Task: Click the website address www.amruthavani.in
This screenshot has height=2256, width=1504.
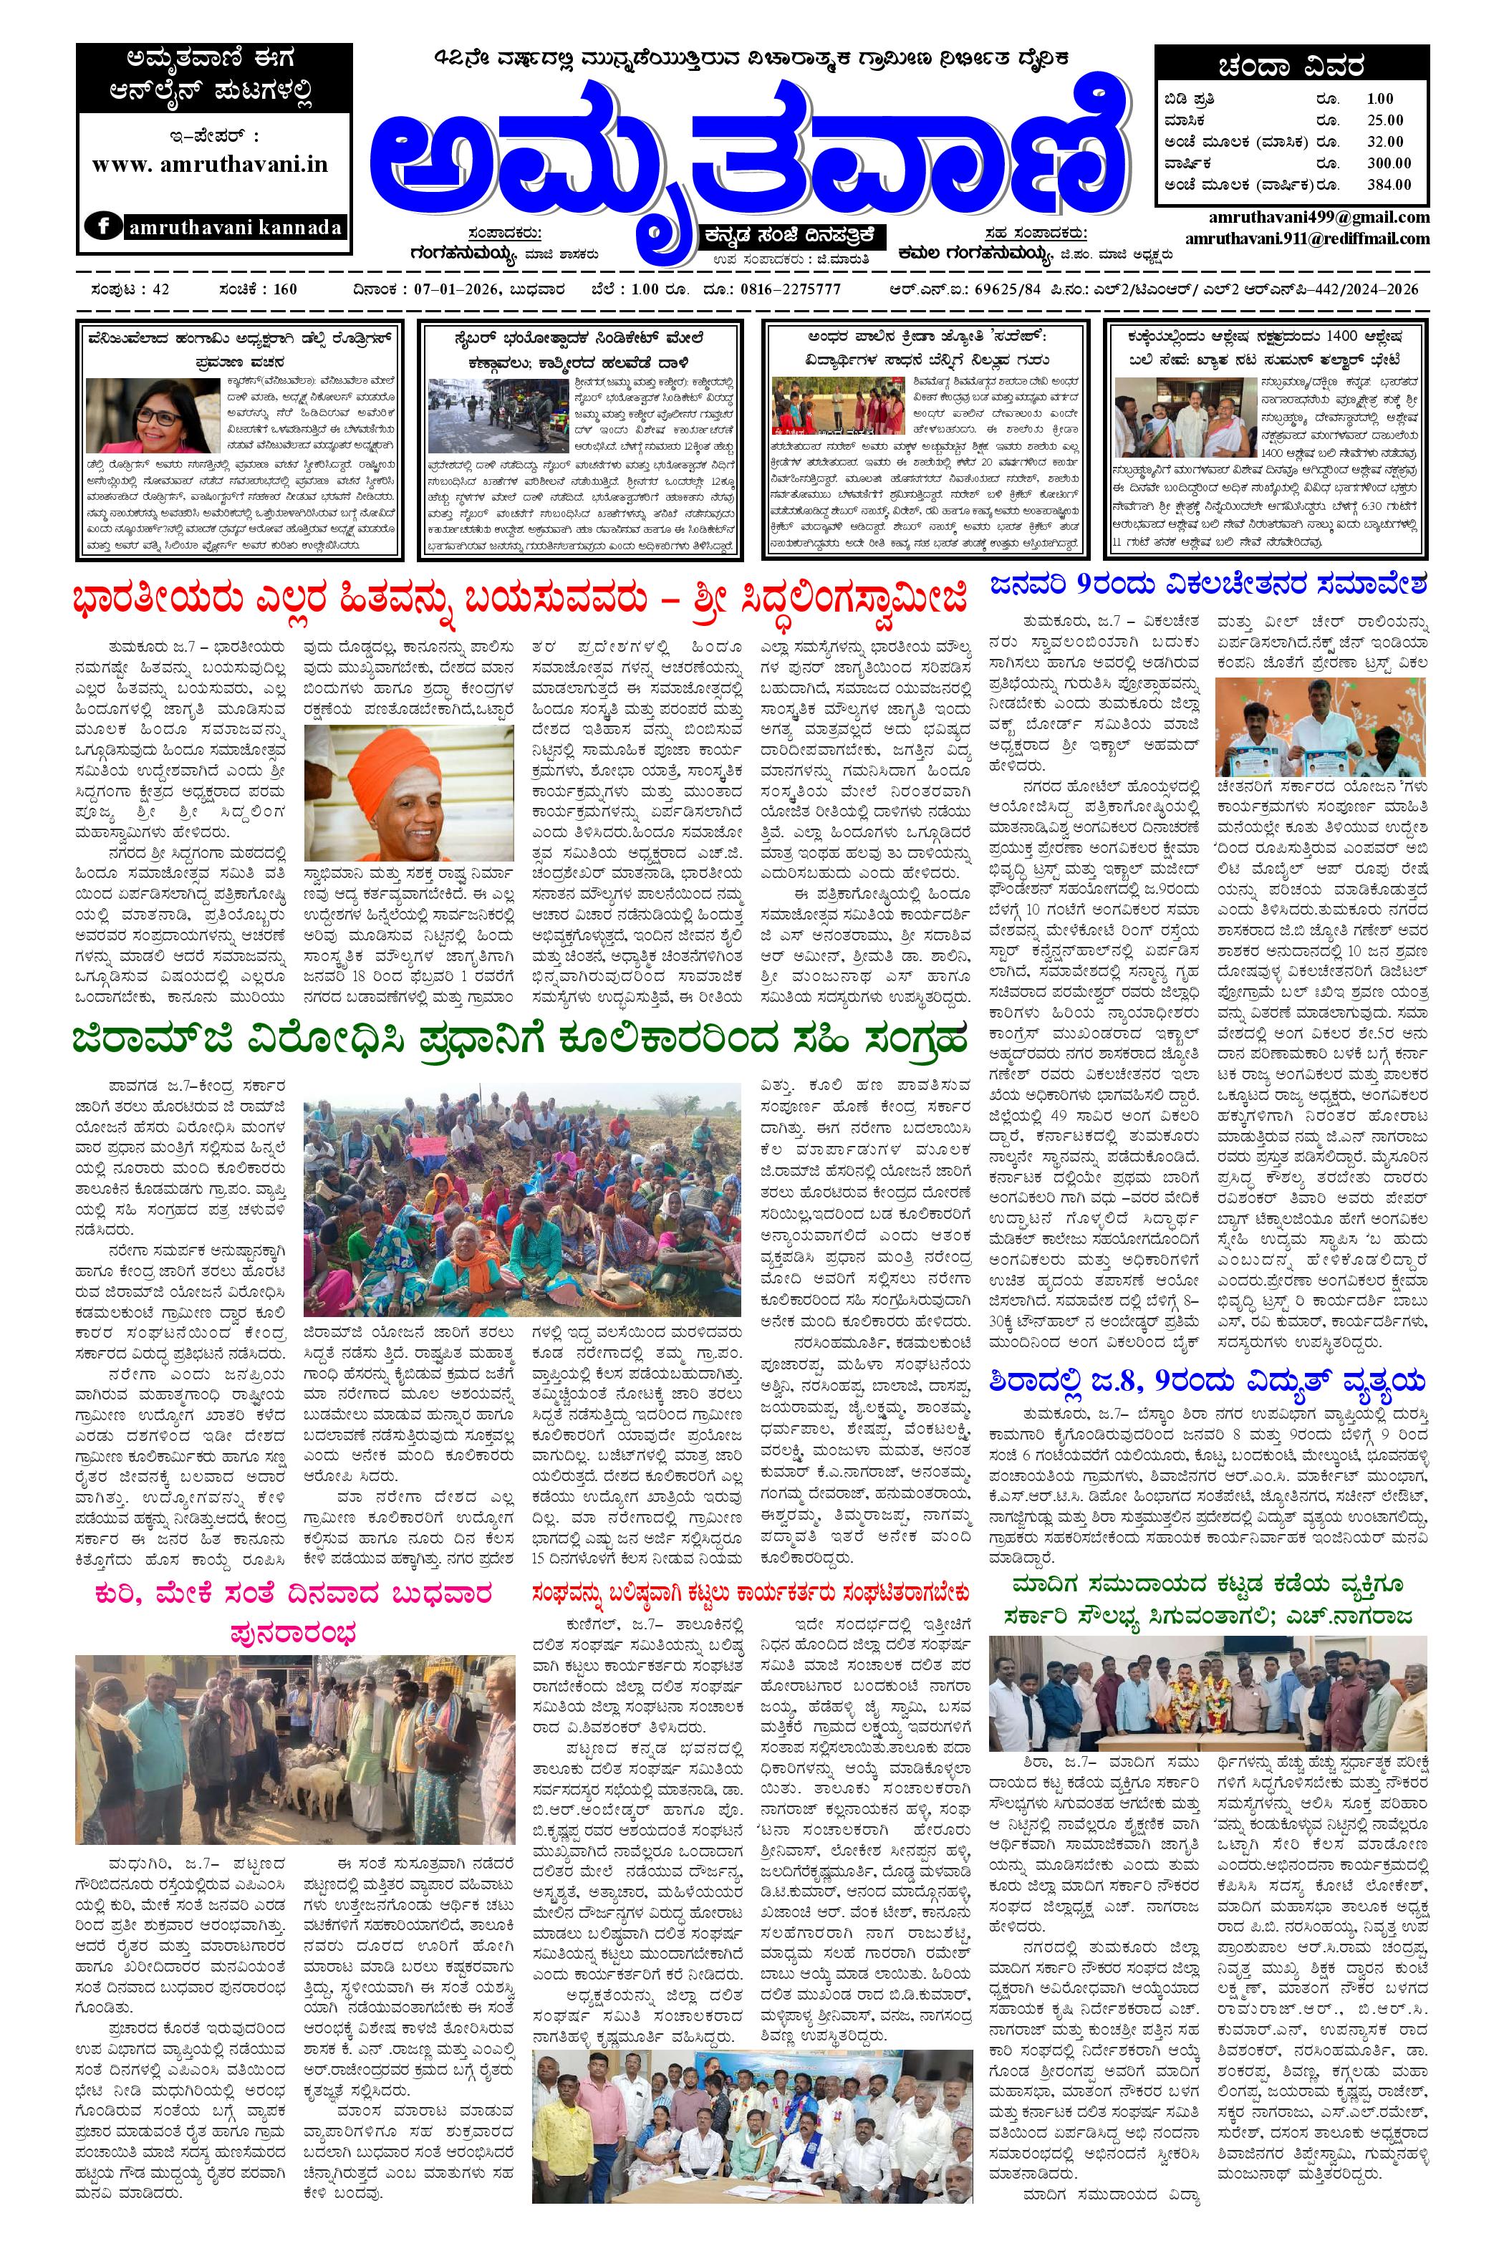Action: [x=210, y=164]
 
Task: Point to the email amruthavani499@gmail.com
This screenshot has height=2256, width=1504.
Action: [x=1319, y=218]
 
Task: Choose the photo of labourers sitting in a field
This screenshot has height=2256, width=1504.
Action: [x=522, y=1199]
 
